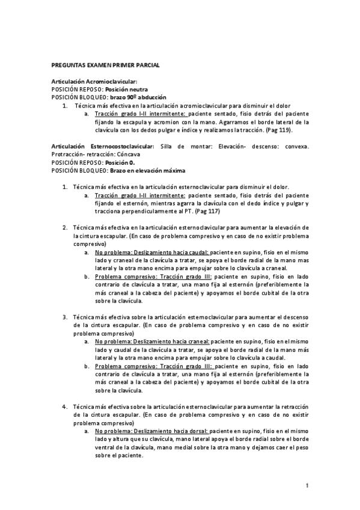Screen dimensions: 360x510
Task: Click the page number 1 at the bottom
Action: pyautogui.click(x=307, y=485)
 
